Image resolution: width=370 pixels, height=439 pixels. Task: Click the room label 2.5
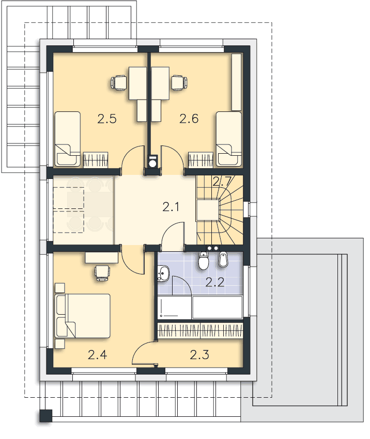tap(107, 119)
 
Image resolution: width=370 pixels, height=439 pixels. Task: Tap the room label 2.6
tap(189, 119)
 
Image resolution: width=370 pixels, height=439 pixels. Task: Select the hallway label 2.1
tap(171, 207)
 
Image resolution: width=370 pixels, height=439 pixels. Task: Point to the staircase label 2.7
tap(222, 182)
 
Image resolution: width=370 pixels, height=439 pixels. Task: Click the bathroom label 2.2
tap(215, 283)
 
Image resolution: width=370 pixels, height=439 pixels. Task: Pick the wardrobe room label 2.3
tap(199, 355)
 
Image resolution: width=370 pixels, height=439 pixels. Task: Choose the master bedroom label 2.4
tap(97, 355)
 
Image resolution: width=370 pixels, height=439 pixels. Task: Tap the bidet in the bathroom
tap(223, 259)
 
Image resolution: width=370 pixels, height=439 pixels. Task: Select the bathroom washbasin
tap(163, 273)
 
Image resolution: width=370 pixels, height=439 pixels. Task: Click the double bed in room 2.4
tap(83, 316)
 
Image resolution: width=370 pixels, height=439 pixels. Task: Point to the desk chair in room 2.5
tap(118, 83)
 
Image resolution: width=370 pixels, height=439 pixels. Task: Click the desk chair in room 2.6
tap(179, 83)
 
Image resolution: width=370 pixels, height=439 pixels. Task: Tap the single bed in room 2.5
tap(68, 139)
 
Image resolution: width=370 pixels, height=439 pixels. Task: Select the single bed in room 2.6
tap(229, 139)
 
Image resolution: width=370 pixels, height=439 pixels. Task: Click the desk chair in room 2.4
tap(102, 273)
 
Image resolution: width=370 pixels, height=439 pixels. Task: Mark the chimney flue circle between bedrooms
tap(153, 163)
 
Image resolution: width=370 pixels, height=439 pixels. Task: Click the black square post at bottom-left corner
tap(45, 415)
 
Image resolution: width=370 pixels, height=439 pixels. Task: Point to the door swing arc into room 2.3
tap(140, 347)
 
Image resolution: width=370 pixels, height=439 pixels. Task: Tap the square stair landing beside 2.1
tap(207, 210)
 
